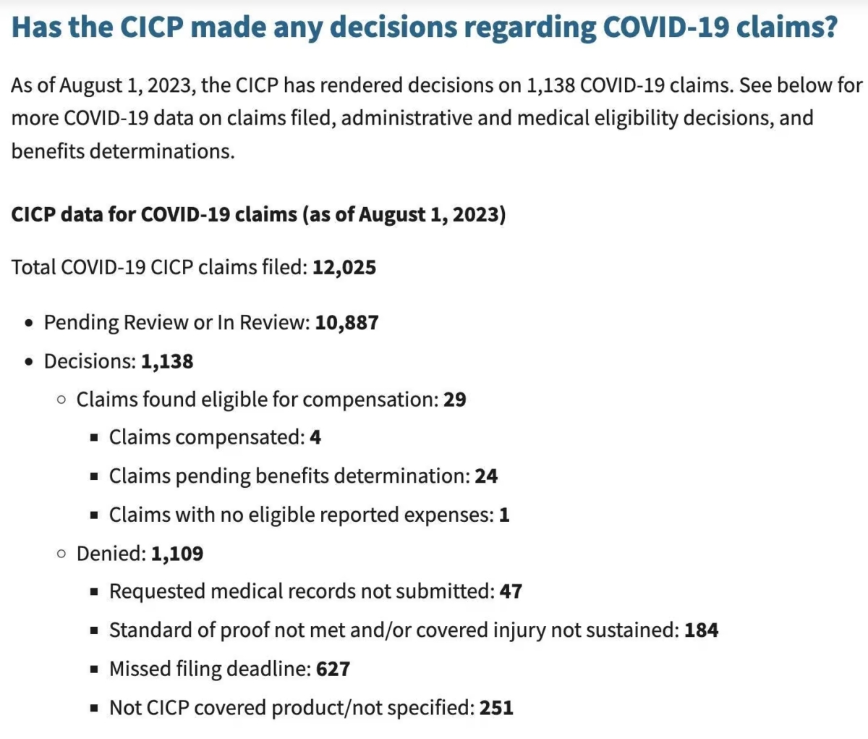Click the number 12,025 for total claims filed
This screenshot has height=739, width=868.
click(344, 268)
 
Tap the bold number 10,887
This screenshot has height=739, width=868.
click(347, 323)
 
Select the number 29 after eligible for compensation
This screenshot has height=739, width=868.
click(455, 399)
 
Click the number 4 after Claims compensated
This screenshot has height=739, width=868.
click(315, 437)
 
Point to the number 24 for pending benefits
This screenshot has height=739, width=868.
click(486, 476)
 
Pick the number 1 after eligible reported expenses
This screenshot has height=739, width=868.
click(504, 515)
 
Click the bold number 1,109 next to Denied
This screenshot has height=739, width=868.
click(177, 554)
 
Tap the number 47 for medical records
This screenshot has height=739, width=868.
click(511, 591)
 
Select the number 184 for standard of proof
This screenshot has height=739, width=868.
click(702, 630)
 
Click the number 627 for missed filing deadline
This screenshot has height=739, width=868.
click(333, 669)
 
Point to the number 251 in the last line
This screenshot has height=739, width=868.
click(496, 708)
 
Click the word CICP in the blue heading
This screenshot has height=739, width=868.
click(152, 27)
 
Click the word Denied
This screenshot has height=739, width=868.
click(111, 554)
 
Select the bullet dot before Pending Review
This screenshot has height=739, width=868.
click(28, 323)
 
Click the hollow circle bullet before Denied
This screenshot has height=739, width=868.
click(61, 554)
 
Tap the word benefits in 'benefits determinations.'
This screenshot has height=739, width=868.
click(48, 151)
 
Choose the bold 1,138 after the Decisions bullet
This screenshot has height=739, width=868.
click(167, 362)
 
